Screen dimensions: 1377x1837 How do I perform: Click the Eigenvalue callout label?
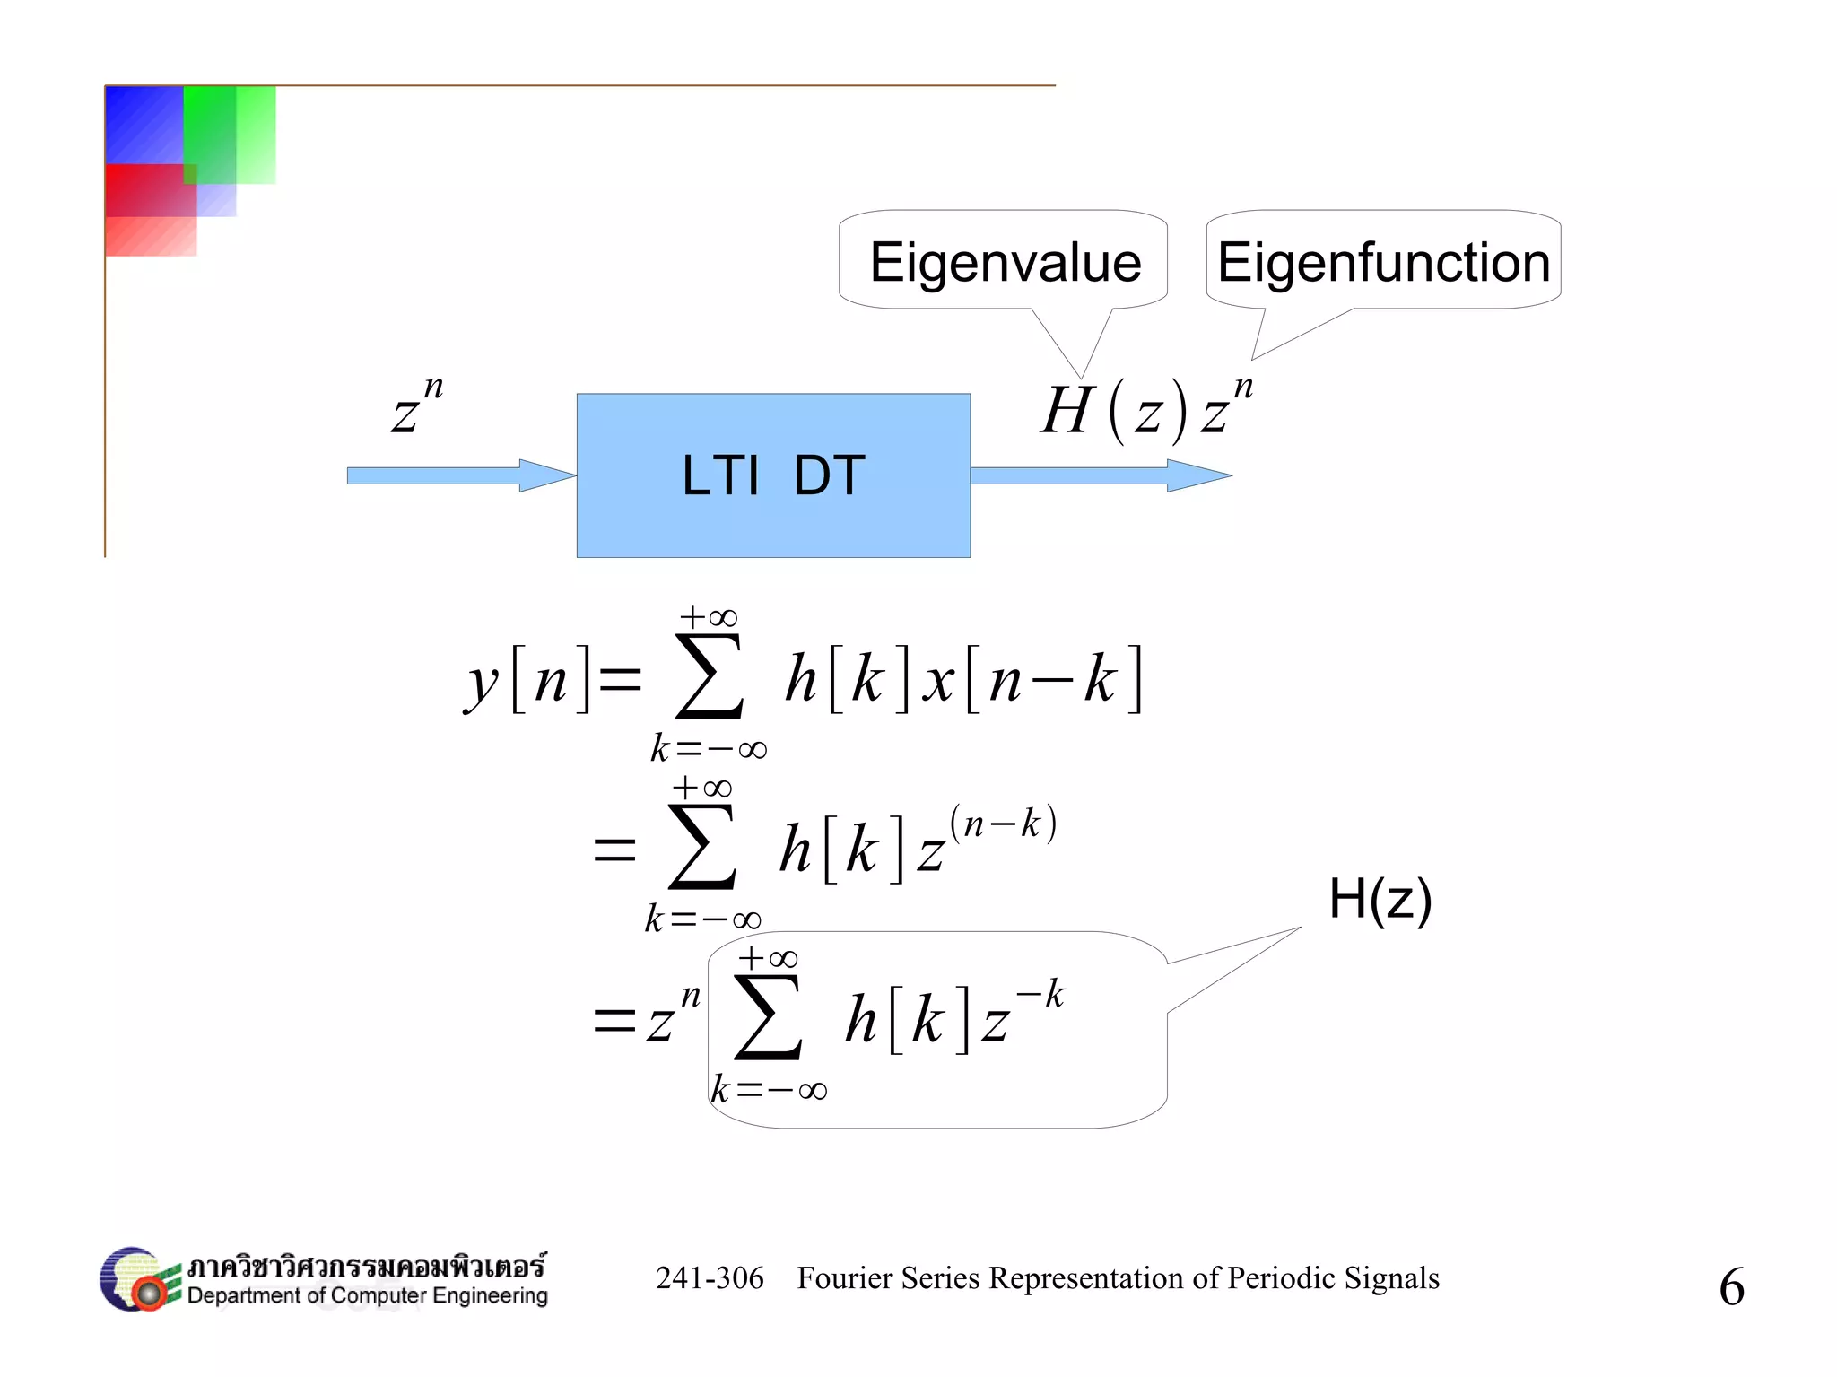[x=1005, y=263]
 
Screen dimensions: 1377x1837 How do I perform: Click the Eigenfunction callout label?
[x=1383, y=263]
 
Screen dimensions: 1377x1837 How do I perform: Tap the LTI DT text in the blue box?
[x=773, y=475]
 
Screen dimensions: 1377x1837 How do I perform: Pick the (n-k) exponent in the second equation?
[x=1003, y=823]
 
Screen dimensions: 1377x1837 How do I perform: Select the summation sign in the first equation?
[x=709, y=677]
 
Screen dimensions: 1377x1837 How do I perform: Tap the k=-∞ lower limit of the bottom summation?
[x=769, y=1090]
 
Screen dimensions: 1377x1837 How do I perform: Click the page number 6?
[x=1731, y=1286]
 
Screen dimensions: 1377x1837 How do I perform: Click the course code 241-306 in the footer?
[x=710, y=1277]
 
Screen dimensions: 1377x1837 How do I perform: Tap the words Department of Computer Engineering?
[x=367, y=1295]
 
